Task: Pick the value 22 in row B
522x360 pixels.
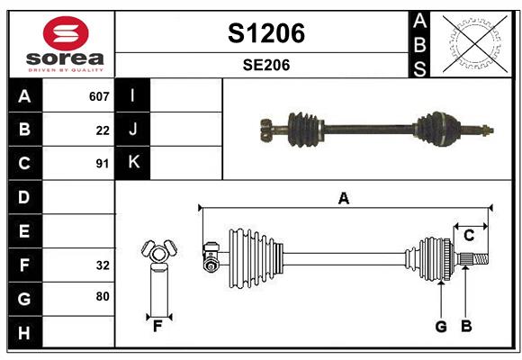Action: coord(103,130)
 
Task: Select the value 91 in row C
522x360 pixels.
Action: coord(103,164)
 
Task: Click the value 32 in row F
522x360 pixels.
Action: coord(103,265)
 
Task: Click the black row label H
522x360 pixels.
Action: coord(24,332)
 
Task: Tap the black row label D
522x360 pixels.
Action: coord(24,197)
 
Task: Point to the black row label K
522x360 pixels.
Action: coord(133,163)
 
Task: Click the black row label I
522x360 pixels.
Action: coord(133,95)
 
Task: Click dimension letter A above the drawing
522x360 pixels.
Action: coord(343,199)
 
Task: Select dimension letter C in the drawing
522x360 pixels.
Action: coord(469,236)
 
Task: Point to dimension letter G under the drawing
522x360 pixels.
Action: coord(441,326)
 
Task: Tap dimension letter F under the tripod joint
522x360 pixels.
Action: coord(157,326)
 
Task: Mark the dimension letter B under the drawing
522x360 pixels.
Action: coord(466,326)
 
